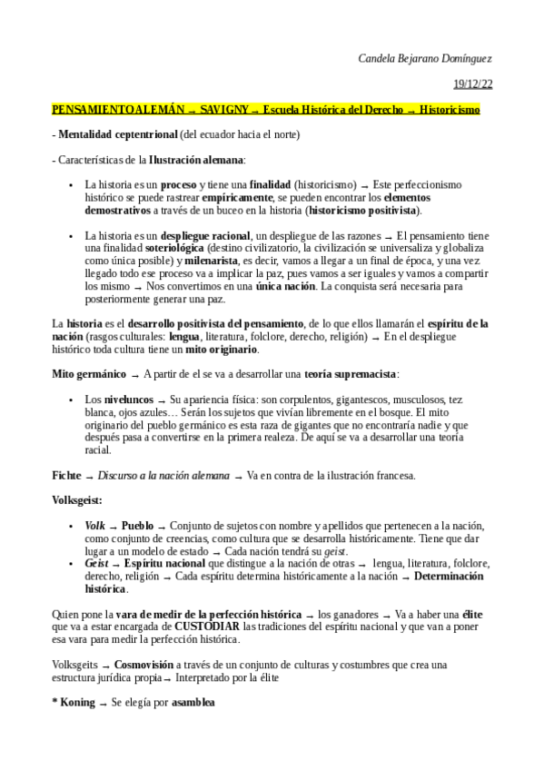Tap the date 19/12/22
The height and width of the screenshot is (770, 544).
coord(473,84)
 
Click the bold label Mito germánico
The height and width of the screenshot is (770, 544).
coord(89,373)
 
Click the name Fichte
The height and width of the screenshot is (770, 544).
coord(65,475)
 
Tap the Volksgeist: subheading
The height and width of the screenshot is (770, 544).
coord(76,499)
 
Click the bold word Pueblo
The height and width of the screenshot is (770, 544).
coord(137,526)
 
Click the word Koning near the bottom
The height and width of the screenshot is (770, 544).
coord(77,702)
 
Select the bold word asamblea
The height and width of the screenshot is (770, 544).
coord(193,702)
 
